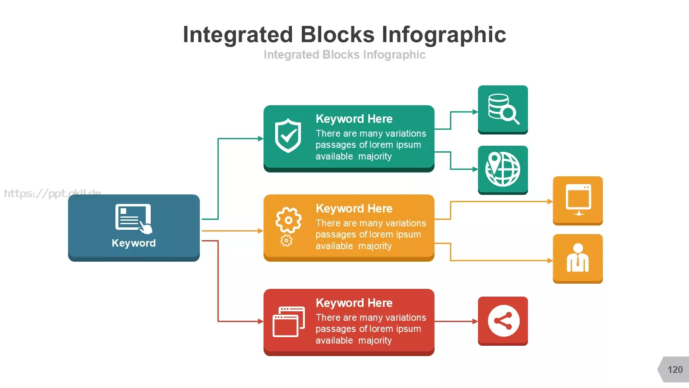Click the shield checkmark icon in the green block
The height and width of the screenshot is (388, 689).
288,135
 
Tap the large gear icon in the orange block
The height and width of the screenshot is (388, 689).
289,220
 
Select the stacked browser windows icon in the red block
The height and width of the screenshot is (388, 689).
289,322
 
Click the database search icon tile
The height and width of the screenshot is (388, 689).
503,110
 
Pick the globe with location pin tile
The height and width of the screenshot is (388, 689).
503,170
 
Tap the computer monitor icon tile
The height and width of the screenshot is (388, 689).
577,201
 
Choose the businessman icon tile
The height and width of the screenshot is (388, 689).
577,259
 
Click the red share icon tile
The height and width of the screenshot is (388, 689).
503,321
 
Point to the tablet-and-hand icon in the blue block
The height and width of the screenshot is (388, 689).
133,219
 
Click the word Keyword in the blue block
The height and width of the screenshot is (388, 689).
134,243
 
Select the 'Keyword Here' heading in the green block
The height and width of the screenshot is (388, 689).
354,119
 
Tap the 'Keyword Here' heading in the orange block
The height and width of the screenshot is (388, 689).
354,209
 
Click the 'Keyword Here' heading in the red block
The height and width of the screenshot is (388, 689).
354,303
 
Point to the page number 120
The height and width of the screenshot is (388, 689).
675,369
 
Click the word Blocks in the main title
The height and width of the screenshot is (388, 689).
338,34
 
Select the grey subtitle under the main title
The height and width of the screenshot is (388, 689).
344,55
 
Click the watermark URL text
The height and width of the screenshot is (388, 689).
52,194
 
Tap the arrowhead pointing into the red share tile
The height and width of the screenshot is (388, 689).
475,321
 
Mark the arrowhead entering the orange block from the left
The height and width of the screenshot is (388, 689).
261,231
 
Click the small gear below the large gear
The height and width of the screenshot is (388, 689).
286,241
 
